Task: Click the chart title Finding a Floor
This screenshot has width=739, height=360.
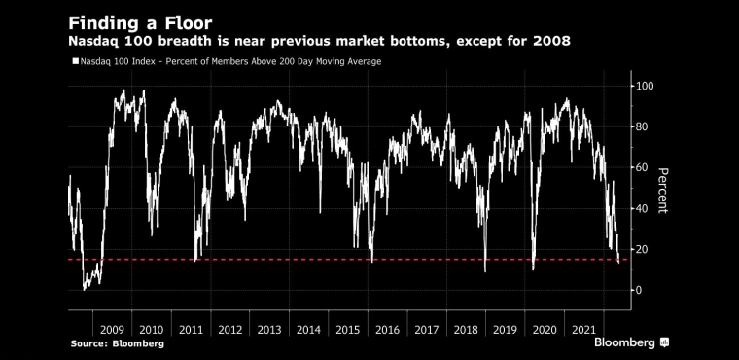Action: tap(140, 22)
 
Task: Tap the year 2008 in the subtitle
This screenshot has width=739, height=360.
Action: tap(552, 42)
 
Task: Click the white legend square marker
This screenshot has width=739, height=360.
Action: tap(75, 61)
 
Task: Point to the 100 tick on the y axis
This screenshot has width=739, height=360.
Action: tap(646, 86)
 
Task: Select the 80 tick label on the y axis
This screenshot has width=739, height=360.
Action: tap(643, 126)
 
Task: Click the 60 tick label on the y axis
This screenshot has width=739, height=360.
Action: tap(643, 167)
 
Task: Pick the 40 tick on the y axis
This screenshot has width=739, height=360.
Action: tap(643, 208)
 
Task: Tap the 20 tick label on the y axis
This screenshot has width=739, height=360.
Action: tap(643, 249)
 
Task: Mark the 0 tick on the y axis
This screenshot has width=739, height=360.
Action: tap(640, 290)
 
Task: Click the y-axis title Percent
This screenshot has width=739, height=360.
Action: tap(662, 191)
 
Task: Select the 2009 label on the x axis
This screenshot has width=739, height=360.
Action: tap(112, 330)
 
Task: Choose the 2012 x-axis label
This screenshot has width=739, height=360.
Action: tap(230, 330)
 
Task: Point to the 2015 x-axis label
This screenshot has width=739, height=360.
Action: tap(348, 330)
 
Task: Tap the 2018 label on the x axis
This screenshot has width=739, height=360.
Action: tap(466, 330)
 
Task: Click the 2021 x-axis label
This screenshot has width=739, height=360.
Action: tap(583, 330)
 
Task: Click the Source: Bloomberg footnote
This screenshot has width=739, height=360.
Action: tap(118, 344)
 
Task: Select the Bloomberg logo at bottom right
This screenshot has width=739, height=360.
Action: tap(631, 342)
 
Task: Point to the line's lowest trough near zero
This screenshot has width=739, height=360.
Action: tap(85, 289)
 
